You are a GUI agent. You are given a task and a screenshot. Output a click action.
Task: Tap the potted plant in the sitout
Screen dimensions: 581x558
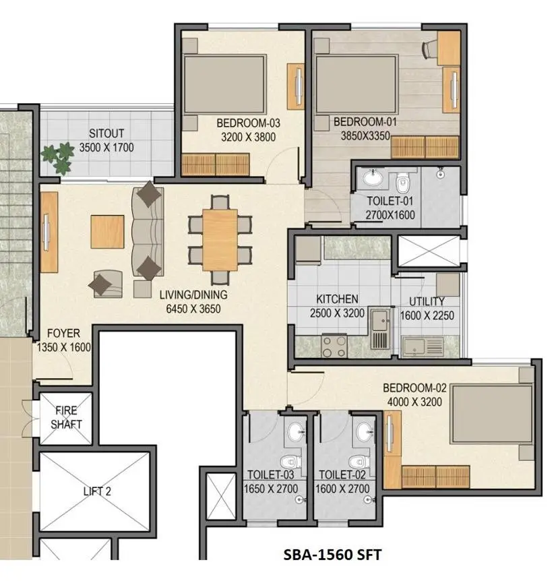tap(58, 158)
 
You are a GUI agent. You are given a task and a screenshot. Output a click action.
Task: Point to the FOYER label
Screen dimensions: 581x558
tap(63, 334)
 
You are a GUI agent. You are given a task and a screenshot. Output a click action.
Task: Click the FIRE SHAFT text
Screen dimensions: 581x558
tap(66, 417)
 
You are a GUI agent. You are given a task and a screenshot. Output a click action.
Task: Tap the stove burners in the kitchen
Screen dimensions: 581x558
tap(333, 346)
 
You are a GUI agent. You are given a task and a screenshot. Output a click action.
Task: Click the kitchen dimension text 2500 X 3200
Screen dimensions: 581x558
tap(337, 313)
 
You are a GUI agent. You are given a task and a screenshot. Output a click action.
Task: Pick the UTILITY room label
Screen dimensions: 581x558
tap(423, 301)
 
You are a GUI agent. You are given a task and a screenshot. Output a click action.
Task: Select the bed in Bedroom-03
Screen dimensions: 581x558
tap(224, 84)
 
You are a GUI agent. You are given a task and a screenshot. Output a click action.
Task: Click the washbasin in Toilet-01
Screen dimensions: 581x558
tap(371, 179)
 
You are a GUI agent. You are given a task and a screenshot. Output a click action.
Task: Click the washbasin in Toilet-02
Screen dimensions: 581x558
tap(365, 429)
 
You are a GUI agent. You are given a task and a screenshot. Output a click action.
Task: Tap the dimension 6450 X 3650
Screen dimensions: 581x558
tap(193, 309)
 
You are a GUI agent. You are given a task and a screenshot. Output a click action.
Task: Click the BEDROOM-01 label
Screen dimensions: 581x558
tap(365, 123)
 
